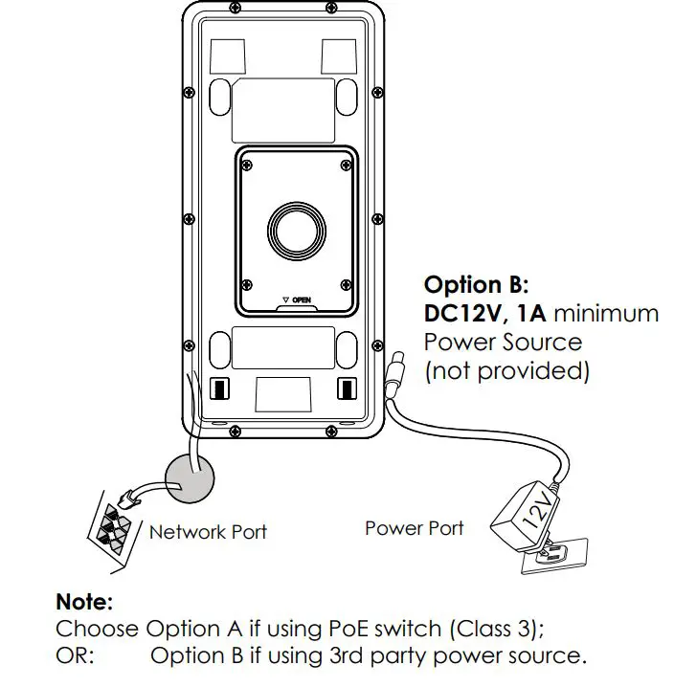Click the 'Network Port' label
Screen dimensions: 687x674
(208, 532)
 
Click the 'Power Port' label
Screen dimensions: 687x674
(414, 527)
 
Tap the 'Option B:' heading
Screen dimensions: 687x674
(476, 284)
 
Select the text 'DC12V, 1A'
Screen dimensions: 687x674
(484, 313)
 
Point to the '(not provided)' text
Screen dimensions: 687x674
(506, 370)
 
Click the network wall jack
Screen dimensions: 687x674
(113, 527)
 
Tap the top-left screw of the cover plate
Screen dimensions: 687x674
(247, 164)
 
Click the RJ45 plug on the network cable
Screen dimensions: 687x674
(131, 498)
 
